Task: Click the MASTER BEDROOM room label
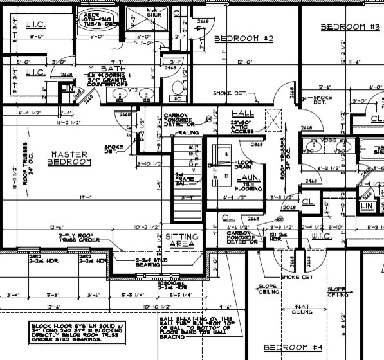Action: click(x=69, y=158)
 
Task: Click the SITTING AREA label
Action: click(x=182, y=241)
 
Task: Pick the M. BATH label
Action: click(x=101, y=68)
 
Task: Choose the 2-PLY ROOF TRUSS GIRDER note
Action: click(x=78, y=239)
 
